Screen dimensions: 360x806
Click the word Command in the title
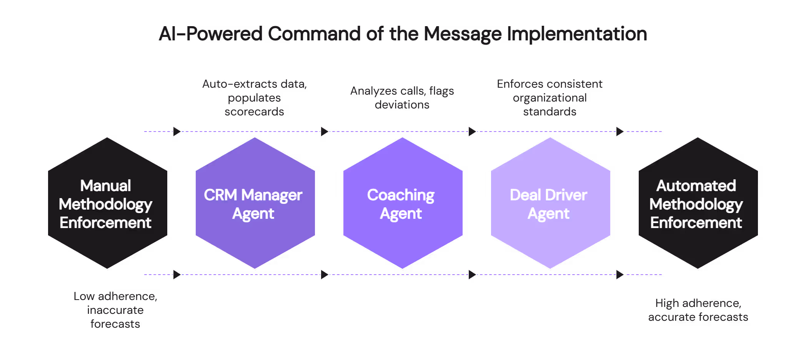click(314, 34)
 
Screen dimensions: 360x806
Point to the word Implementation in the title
click(577, 34)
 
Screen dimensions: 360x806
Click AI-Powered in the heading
click(211, 34)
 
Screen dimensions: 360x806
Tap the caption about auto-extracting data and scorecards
click(255, 98)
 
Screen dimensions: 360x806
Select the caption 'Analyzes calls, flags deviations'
click(402, 98)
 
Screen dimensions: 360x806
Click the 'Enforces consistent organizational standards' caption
click(550, 98)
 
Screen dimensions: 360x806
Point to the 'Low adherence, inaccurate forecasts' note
click(115, 310)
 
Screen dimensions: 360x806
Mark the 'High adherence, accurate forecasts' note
click(698, 310)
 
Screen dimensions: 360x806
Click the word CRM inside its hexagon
click(220, 195)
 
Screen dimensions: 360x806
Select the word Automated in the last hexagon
click(696, 186)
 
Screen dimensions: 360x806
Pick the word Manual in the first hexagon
click(105, 186)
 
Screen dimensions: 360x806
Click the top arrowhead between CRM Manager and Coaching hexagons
click(325, 132)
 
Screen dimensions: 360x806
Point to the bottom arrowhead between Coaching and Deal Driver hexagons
click(473, 275)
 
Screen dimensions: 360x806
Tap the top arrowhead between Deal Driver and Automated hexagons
click(620, 132)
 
